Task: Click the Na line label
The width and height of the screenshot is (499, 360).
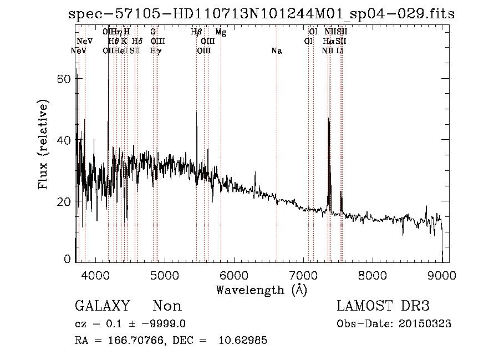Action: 277,51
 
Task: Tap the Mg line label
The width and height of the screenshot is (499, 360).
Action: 221,32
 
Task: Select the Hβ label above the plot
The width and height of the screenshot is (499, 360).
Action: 196,32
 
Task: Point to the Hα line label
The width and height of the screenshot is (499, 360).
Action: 328,42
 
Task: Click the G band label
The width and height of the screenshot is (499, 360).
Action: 153,32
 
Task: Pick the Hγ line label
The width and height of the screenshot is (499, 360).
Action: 156,51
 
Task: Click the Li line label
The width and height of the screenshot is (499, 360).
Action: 340,51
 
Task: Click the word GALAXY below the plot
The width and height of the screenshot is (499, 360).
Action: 102,306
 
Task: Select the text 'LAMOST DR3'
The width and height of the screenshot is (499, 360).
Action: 383,306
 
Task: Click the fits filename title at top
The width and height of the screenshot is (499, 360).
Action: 261,14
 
